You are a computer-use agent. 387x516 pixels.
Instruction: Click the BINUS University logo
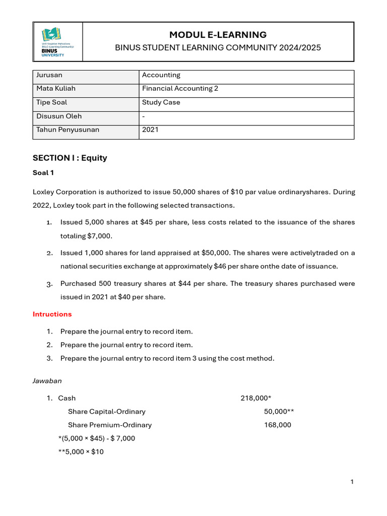(x=57, y=42)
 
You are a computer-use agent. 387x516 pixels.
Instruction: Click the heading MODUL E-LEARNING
(x=218, y=35)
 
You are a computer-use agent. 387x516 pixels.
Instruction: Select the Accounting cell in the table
(x=161, y=75)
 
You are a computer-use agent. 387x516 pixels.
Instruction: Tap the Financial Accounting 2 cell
(x=180, y=89)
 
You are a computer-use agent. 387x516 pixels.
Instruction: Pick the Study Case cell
(x=161, y=102)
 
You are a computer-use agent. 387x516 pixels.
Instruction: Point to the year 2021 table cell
(x=150, y=130)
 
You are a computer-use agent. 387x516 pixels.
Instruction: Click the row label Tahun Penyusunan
(x=68, y=130)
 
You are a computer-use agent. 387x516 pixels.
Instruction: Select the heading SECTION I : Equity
(x=70, y=158)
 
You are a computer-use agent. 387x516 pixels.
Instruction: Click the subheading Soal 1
(x=43, y=173)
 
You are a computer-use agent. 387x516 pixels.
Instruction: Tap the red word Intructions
(x=52, y=314)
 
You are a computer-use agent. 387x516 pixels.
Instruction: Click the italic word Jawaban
(x=47, y=381)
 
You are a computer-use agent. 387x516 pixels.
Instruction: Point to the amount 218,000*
(x=256, y=398)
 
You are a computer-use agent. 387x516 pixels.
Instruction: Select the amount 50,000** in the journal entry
(x=279, y=412)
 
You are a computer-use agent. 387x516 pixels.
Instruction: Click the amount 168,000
(x=278, y=425)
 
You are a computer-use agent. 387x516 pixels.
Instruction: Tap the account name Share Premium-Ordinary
(x=110, y=425)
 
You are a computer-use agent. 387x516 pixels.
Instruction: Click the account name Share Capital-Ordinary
(x=107, y=412)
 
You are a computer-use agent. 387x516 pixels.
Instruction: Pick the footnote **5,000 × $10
(x=81, y=451)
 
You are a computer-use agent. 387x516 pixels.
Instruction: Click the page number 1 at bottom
(x=352, y=482)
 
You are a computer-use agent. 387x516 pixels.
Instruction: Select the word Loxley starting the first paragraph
(x=43, y=192)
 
